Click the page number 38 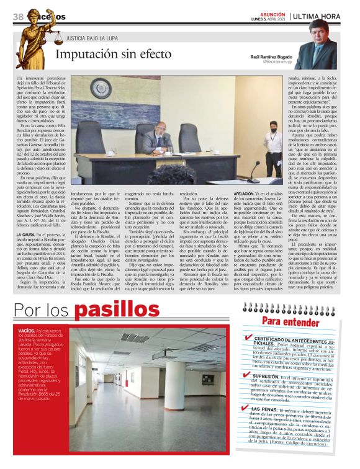(x=18, y=16)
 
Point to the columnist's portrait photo (x=327, y=43)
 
